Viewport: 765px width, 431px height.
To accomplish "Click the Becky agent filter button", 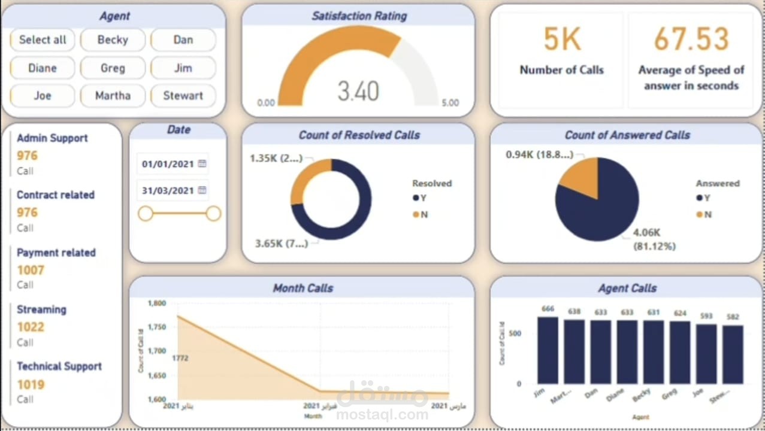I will pyautogui.click(x=113, y=40).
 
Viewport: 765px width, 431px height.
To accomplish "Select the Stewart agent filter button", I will pyautogui.click(x=183, y=96).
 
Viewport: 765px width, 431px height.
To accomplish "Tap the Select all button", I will pyautogui.click(x=43, y=40).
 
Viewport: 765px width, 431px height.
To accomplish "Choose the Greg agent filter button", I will pyautogui.click(x=113, y=68).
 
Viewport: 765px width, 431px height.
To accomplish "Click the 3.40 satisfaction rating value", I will pyautogui.click(x=358, y=91).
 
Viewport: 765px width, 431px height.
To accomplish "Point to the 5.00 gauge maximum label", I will pyautogui.click(x=450, y=103).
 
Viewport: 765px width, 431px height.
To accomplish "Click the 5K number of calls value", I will pyautogui.click(x=562, y=40).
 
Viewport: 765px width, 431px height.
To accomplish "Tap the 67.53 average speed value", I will pyautogui.click(x=691, y=40).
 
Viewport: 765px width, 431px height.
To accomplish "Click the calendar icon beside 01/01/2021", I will pyautogui.click(x=202, y=163).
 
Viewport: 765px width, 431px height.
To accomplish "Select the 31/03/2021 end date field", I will pyautogui.click(x=168, y=190).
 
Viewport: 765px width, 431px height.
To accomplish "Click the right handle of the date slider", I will pyautogui.click(x=213, y=214).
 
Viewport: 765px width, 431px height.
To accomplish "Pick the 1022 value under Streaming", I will pyautogui.click(x=31, y=327).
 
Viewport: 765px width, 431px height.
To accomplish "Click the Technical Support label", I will pyautogui.click(x=59, y=366).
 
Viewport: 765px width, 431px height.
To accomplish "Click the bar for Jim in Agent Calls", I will pyautogui.click(x=548, y=350).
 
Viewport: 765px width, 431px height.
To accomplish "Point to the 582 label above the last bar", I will pyautogui.click(x=733, y=317).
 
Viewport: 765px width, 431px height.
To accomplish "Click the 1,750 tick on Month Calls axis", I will pyautogui.click(x=157, y=327).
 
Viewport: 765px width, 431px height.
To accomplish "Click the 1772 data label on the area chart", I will pyautogui.click(x=181, y=358).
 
